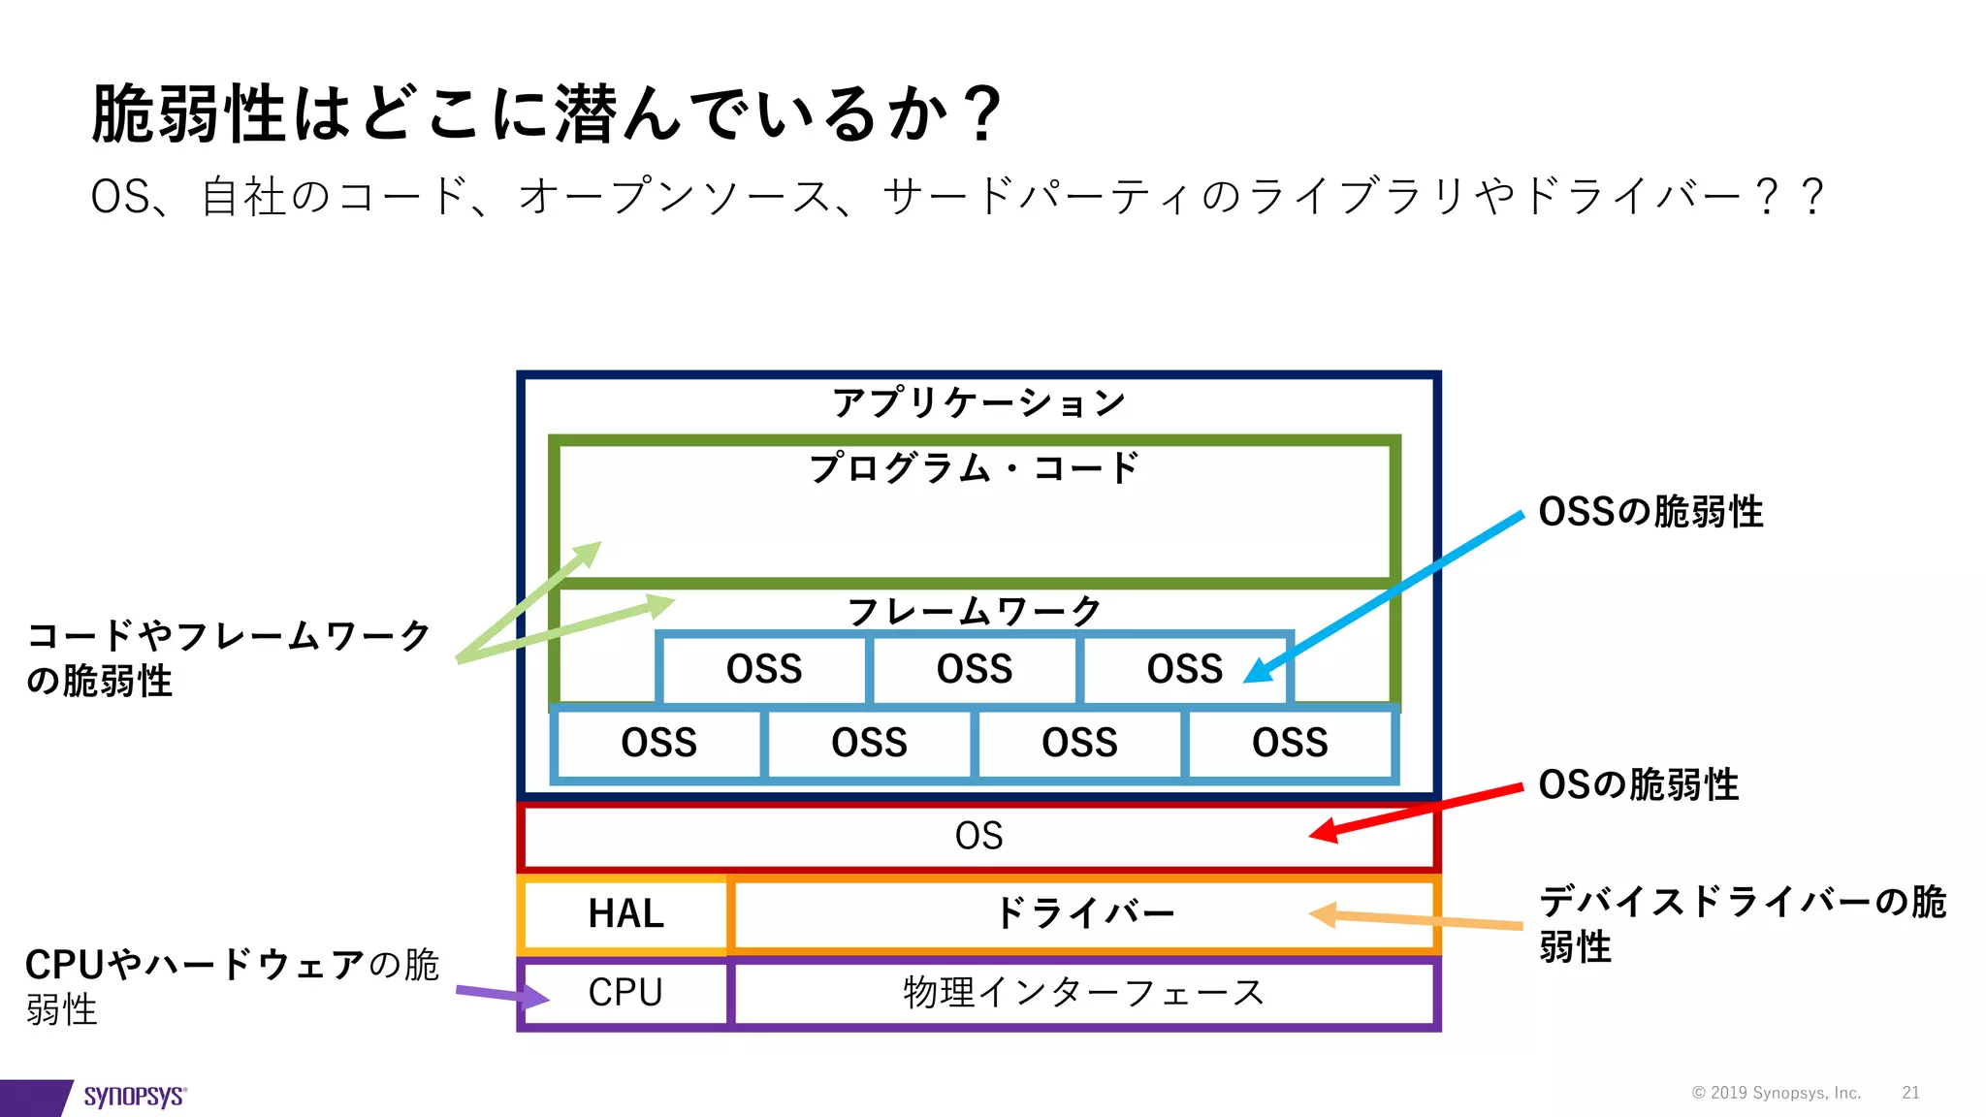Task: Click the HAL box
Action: (625, 913)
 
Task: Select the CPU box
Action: (625, 992)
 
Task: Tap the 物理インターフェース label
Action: (1083, 992)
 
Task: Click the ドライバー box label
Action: (1083, 913)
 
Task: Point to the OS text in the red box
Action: (978, 836)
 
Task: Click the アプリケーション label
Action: (978, 402)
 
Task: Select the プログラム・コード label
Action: (974, 468)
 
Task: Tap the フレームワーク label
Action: (974, 611)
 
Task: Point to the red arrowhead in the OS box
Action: (1323, 831)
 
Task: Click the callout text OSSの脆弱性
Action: (1650, 512)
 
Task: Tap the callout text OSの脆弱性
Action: (1639, 784)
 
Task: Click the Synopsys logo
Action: (134, 1096)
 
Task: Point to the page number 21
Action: (1910, 1093)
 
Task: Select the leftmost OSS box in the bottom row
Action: (658, 743)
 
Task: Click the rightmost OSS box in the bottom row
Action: (1290, 743)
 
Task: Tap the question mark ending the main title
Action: (982, 114)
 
